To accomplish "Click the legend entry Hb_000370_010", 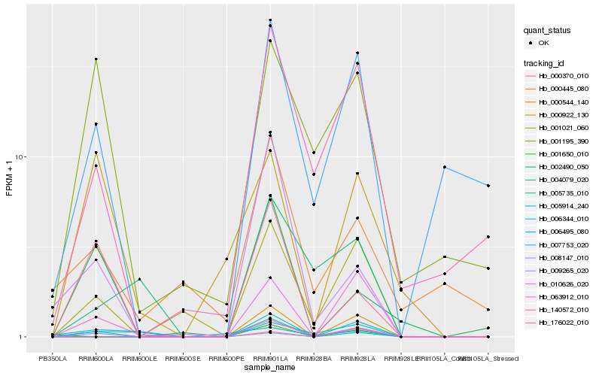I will pos(563,76).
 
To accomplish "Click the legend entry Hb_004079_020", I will pos(563,180).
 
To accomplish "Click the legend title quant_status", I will pos(547,30).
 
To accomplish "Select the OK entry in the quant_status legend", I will pos(544,44).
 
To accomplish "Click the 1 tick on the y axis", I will pos(23,337).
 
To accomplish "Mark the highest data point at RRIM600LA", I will pos(96,59).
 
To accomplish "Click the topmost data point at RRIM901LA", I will pos(270,20).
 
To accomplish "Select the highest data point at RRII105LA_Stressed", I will pos(488,186).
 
